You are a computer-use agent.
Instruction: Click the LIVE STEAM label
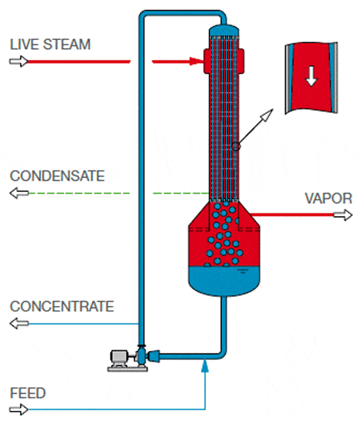click(50, 44)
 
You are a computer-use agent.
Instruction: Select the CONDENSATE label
click(57, 176)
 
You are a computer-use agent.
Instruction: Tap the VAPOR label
click(328, 198)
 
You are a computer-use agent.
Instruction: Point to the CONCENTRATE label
click(61, 307)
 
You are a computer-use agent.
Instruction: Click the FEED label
click(28, 392)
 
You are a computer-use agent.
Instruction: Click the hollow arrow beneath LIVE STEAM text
click(17, 61)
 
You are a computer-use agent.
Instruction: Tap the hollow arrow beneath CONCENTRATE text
click(17, 324)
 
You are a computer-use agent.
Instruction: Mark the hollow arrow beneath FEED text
click(17, 409)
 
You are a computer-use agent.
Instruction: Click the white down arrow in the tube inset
click(310, 79)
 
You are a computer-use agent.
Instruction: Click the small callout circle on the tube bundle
click(236, 146)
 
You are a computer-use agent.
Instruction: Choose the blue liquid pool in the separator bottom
click(224, 278)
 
